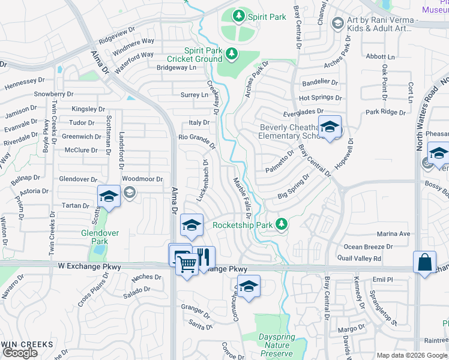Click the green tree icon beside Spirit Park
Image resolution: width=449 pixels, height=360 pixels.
pos(239,15)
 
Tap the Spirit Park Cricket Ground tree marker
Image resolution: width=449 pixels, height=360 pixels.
pos(231,55)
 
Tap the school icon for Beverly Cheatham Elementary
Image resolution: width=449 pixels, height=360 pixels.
pos(329,127)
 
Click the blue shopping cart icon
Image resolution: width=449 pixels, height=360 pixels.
pos(187,262)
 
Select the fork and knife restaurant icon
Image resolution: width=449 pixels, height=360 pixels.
pos(203,257)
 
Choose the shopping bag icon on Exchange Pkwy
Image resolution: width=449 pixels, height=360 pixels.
pos(424,262)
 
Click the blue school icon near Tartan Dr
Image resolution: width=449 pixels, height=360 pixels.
pos(109,196)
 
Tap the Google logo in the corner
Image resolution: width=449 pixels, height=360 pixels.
pos(20,353)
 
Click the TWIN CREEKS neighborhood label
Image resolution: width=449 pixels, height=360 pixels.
pos(27,344)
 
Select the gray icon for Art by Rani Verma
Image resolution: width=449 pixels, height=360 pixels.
pos(337,23)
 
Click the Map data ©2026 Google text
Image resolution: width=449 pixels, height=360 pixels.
pos(412,355)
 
